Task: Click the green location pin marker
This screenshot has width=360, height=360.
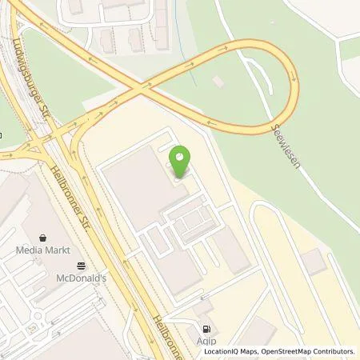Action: point(180,162)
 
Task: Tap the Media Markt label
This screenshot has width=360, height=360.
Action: point(39,250)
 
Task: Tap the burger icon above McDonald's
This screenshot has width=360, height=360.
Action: point(81,266)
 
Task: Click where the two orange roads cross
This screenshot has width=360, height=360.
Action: point(146,85)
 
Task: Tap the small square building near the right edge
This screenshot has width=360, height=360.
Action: point(313,260)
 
